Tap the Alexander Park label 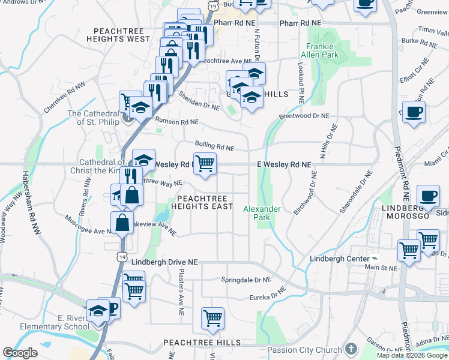(x=262, y=213)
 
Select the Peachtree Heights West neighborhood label (x=122, y=35)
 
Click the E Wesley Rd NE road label (x=284, y=164)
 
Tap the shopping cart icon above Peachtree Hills (x=212, y=317)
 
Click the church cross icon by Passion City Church (x=351, y=349)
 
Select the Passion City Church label (x=304, y=350)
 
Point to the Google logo (x=20, y=353)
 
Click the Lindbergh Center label (x=337, y=259)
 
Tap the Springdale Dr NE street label (x=246, y=280)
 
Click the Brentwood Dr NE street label (x=304, y=116)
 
